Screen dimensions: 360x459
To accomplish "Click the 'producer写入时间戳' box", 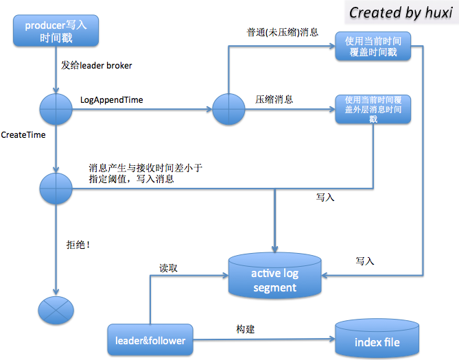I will [x=56, y=32].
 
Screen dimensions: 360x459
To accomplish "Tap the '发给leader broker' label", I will [x=96, y=66].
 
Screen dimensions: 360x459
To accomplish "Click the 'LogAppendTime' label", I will [x=112, y=100].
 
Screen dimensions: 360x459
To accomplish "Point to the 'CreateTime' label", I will [x=23, y=135].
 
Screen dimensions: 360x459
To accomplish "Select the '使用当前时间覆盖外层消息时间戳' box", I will [x=373, y=109].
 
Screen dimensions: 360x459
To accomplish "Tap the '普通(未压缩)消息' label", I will [x=282, y=32].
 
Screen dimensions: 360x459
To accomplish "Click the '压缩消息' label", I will [x=274, y=99].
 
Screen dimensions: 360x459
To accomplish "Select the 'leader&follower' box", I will [x=150, y=341].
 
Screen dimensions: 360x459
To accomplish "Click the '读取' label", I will [x=169, y=268].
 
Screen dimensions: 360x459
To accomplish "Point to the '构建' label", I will [x=245, y=329].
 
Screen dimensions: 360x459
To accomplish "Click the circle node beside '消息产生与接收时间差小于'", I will [x=56, y=187].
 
